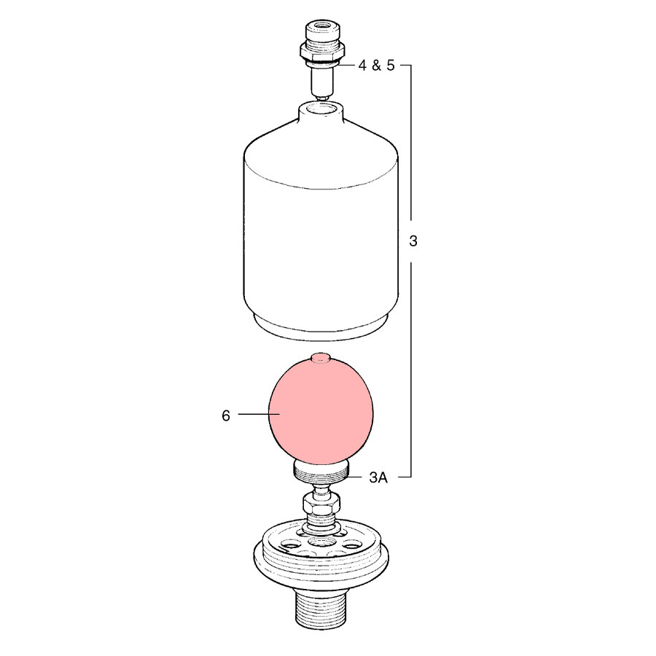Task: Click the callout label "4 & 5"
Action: point(375,66)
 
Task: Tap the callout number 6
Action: point(226,415)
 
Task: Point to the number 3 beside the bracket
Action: point(413,241)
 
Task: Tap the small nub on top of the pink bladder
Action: point(321,356)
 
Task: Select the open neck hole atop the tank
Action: point(321,110)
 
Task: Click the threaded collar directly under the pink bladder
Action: point(321,472)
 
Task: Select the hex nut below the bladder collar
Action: point(321,503)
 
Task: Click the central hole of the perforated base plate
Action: point(321,542)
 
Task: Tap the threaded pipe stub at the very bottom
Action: point(321,609)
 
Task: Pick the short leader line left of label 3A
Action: point(357,477)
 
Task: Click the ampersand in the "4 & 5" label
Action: point(376,66)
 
